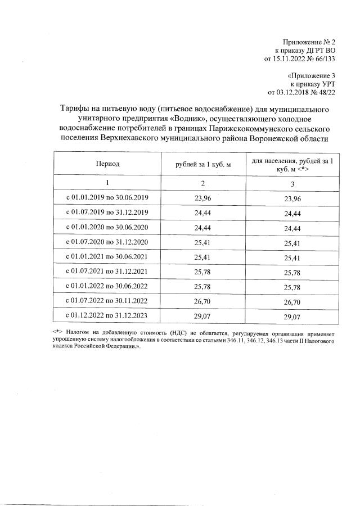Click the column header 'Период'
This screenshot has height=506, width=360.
(x=107, y=164)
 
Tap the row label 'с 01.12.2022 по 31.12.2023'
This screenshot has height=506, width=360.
(x=107, y=316)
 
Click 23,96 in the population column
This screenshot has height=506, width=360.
(x=292, y=199)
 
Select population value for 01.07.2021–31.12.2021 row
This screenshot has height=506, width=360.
(x=292, y=273)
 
